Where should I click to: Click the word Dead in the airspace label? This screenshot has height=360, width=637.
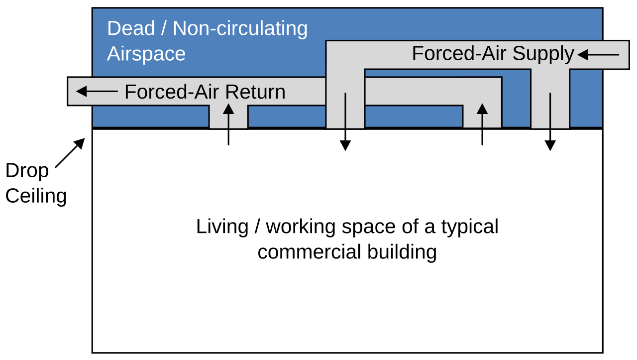(x=131, y=28)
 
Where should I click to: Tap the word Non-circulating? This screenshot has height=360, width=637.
(x=240, y=29)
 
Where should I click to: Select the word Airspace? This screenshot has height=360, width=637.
(x=146, y=54)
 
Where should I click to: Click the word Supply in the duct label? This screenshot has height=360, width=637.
(x=543, y=54)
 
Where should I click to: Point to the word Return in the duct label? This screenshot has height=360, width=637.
(x=255, y=92)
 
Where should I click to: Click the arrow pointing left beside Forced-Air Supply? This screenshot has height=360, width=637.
(x=598, y=55)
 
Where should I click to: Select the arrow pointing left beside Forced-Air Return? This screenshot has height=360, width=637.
(x=97, y=91)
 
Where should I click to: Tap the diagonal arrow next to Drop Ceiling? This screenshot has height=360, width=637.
(x=70, y=153)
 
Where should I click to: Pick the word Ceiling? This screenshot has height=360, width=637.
(x=36, y=196)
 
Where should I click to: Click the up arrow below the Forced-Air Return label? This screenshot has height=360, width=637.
(x=228, y=124)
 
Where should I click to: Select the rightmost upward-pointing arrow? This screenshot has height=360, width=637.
(x=482, y=124)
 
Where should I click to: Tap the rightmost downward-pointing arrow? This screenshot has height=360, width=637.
(x=550, y=122)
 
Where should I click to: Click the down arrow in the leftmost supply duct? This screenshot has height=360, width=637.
(x=345, y=122)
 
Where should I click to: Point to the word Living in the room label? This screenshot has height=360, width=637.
(x=222, y=227)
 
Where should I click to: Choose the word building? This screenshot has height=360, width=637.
(x=402, y=252)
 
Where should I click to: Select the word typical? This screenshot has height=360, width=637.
(x=470, y=228)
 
